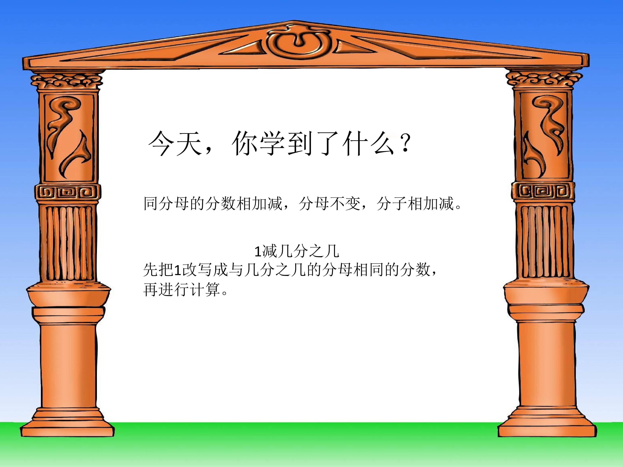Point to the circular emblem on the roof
(x=296, y=44)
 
